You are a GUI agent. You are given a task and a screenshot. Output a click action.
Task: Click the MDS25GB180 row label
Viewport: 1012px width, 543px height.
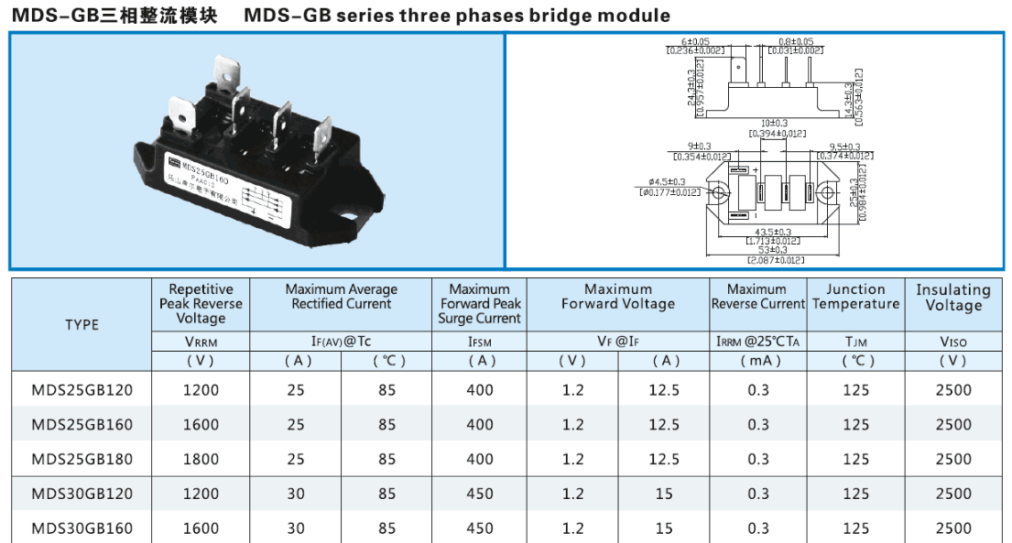[x=82, y=459]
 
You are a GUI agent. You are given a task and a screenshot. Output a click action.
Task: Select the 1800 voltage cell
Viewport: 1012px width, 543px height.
[x=201, y=459]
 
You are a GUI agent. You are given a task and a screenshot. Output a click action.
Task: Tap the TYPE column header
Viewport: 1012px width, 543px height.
[x=82, y=324]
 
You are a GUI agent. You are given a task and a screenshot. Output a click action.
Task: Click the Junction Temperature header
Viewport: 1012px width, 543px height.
[x=855, y=297]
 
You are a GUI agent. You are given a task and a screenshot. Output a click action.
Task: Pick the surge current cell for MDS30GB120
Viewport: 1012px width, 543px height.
[x=479, y=494]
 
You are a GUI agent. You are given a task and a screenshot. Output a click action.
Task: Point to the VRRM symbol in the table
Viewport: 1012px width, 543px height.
[x=201, y=342]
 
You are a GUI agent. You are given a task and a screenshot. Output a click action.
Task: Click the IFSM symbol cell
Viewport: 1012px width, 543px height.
[x=479, y=342]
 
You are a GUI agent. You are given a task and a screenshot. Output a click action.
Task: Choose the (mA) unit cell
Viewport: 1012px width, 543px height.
[x=757, y=361]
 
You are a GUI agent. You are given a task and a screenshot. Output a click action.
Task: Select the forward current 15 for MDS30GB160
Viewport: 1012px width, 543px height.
[x=664, y=528]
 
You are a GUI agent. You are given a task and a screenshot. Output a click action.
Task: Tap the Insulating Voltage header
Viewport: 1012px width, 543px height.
[x=953, y=298]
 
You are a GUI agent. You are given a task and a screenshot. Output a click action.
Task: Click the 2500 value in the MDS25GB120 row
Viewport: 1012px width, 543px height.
[x=953, y=390]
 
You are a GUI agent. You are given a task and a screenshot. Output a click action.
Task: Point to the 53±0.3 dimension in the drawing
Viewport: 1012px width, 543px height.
[x=772, y=250]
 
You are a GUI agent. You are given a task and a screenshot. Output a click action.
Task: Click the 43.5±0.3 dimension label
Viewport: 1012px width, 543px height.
[x=772, y=231]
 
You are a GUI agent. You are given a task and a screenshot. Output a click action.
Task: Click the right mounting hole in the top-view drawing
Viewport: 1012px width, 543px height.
[x=826, y=193]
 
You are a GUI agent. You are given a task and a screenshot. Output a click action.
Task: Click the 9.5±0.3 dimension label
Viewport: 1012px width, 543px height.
[x=844, y=147]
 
